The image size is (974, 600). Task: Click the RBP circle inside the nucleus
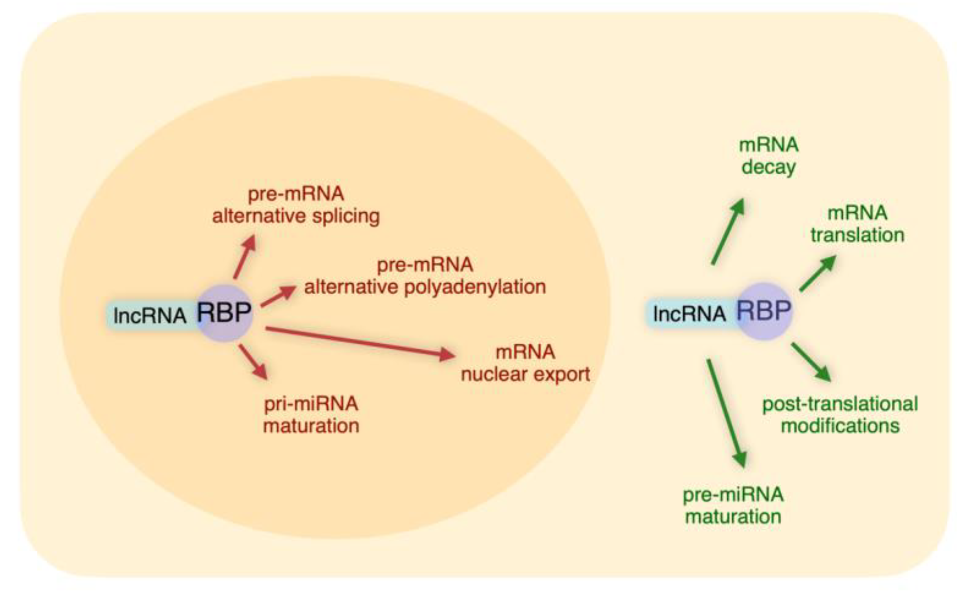pos(225,313)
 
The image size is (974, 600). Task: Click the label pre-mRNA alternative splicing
pos(296,205)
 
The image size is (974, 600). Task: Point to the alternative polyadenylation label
pos(425,276)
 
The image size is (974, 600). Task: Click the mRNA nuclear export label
pos(525,363)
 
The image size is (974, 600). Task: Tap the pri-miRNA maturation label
pos(311,415)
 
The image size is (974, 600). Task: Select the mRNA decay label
pos(769,156)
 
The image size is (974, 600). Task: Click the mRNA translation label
pos(857,224)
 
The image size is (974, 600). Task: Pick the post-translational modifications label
pos(840,415)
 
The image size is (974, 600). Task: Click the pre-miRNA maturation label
pos(733,506)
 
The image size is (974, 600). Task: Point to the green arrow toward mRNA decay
pos(728,232)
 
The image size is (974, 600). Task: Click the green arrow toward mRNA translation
pos(818,274)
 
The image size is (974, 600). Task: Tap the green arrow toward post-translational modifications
pos(811,362)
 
